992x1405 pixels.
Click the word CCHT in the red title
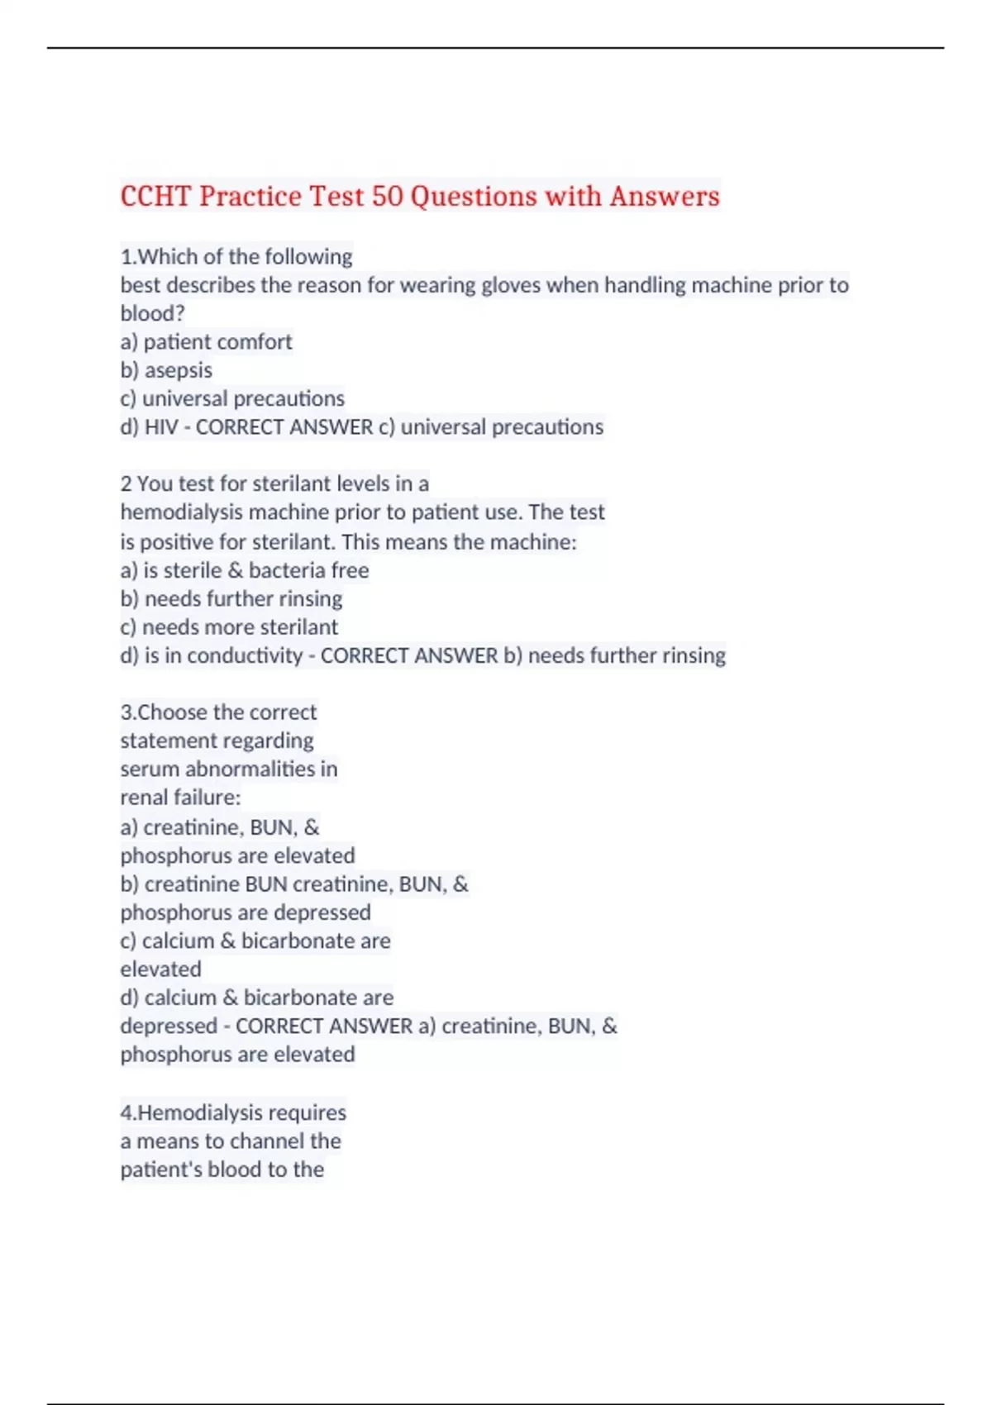[155, 197]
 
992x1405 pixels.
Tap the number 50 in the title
[387, 197]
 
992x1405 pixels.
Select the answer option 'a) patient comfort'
[206, 342]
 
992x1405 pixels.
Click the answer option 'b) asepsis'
[166, 370]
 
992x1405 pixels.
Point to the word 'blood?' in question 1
[152, 314]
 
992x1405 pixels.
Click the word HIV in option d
[161, 427]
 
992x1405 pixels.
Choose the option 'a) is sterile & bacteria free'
[245, 570]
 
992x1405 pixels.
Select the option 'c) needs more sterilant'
[229, 627]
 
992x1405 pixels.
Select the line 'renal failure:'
[180, 798]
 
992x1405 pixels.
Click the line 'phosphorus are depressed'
[246, 912]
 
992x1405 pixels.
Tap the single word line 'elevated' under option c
[160, 969]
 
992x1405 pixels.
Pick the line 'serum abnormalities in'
[229, 769]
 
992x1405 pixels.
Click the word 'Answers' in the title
[665, 197]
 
